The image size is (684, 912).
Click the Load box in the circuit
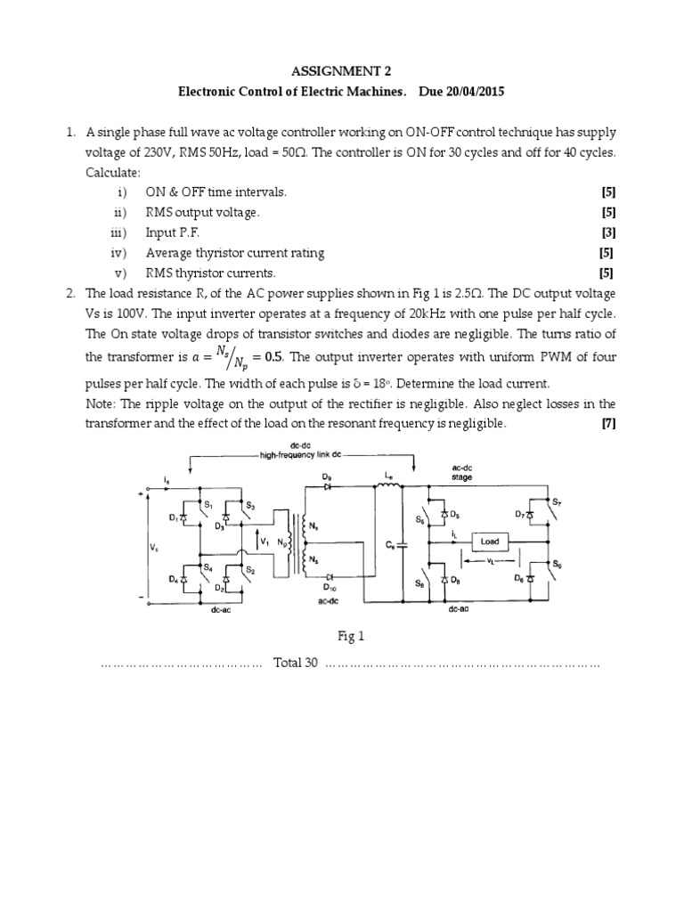(490, 541)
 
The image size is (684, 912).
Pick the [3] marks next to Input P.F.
(608, 232)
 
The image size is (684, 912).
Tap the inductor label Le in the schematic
(388, 480)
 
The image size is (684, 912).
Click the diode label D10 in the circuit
(329, 588)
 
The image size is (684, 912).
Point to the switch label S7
(557, 502)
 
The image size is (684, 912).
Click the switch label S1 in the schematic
(208, 505)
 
